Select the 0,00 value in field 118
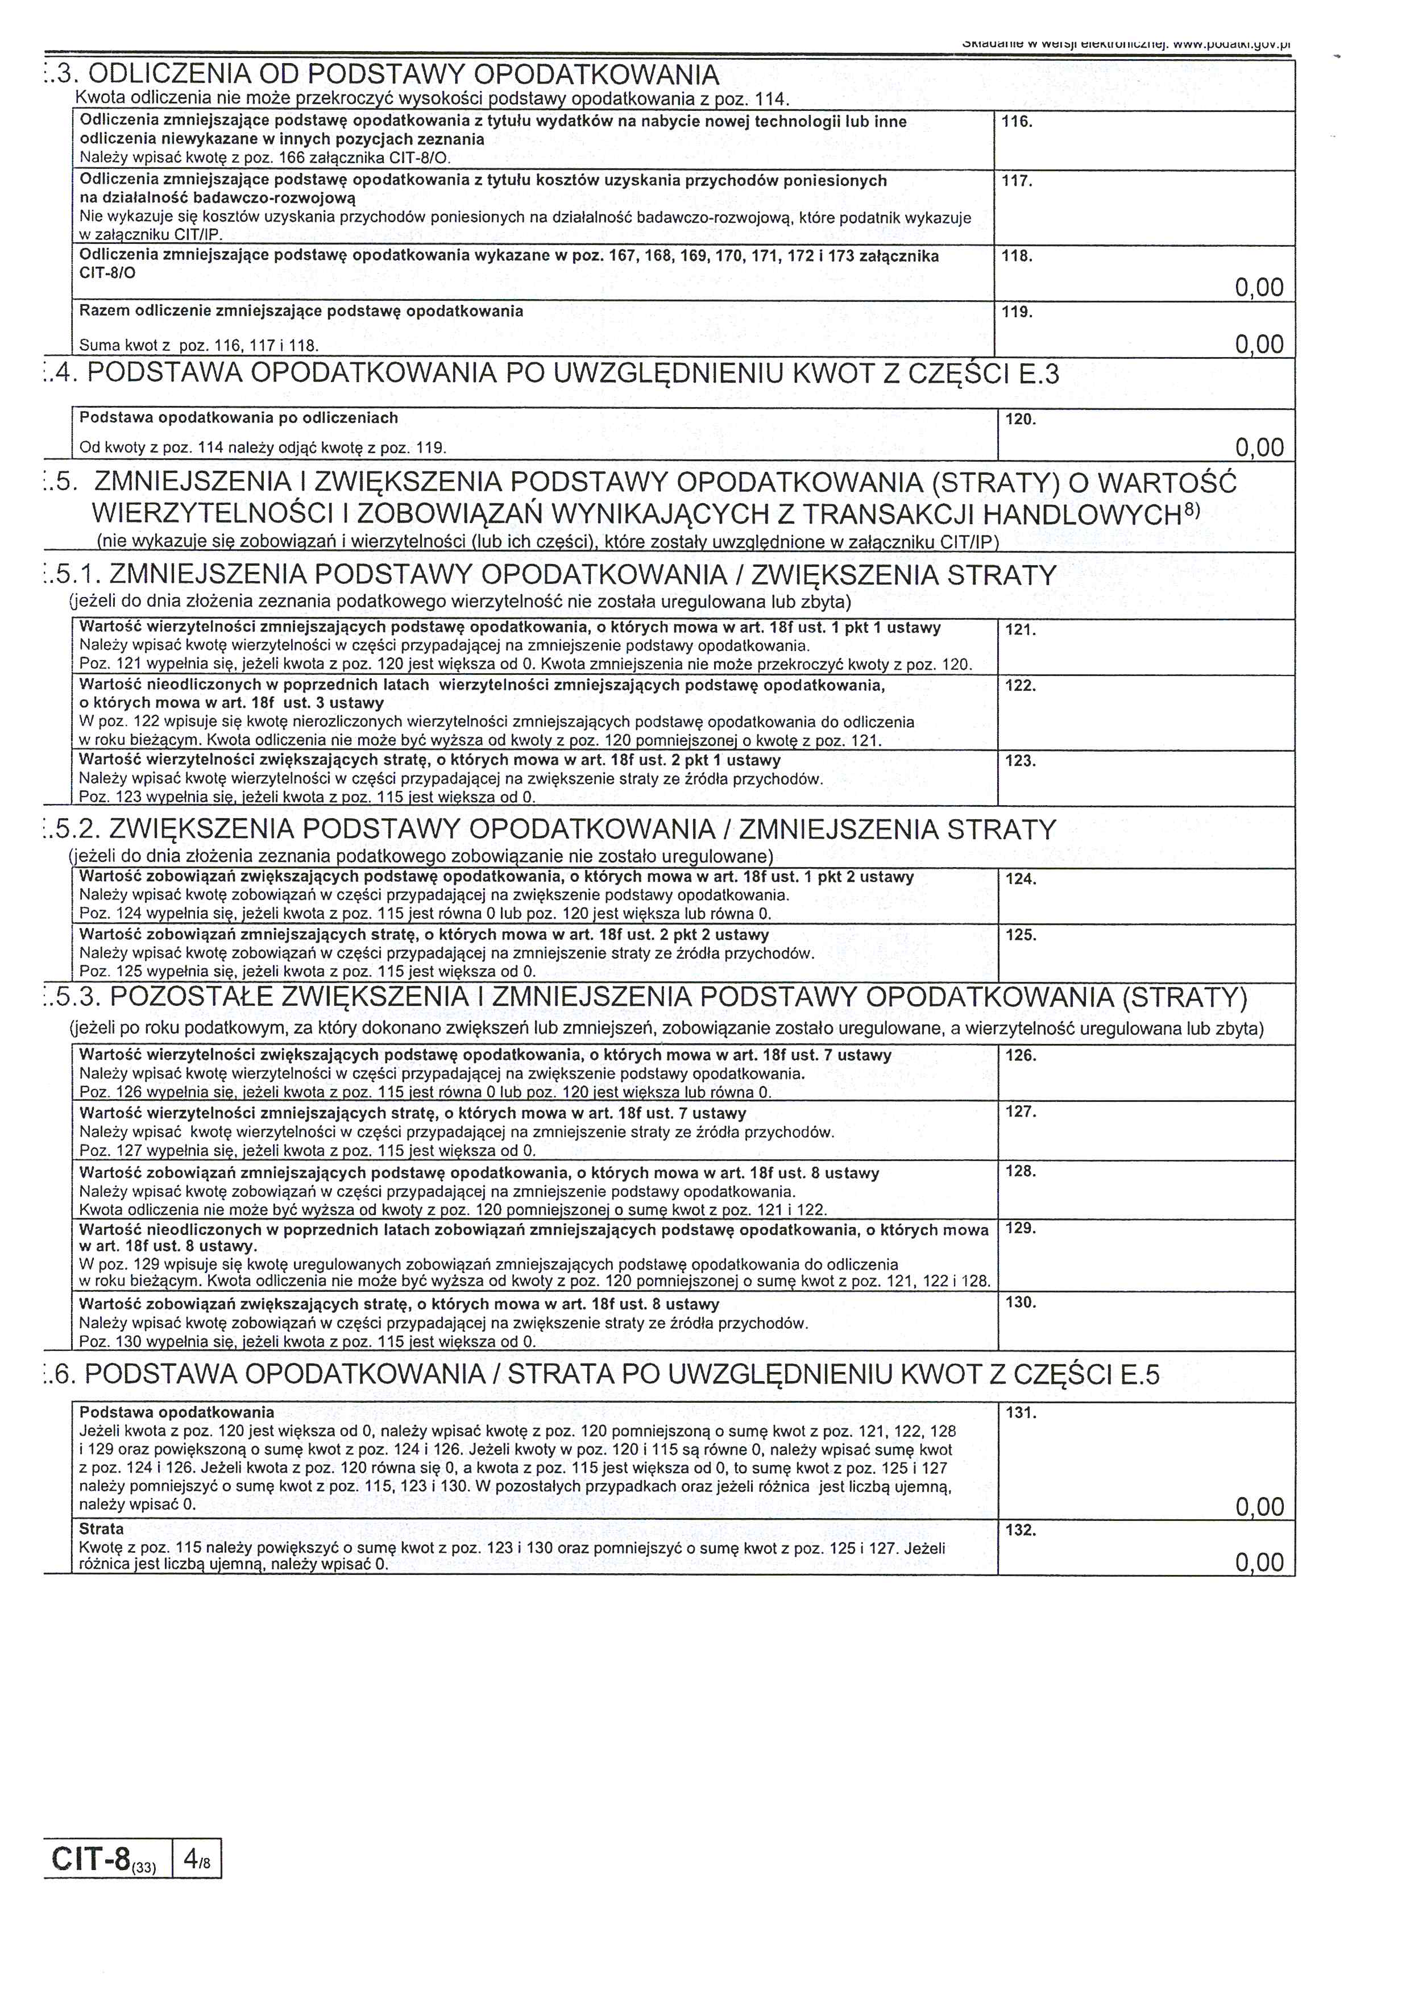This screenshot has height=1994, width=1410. (x=1258, y=288)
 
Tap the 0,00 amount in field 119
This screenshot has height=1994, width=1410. (x=1258, y=345)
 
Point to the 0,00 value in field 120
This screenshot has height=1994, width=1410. (x=1258, y=447)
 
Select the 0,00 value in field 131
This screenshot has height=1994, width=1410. (x=1258, y=1507)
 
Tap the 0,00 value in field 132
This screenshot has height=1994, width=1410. (x=1258, y=1562)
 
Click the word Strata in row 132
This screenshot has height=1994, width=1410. (x=102, y=1529)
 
